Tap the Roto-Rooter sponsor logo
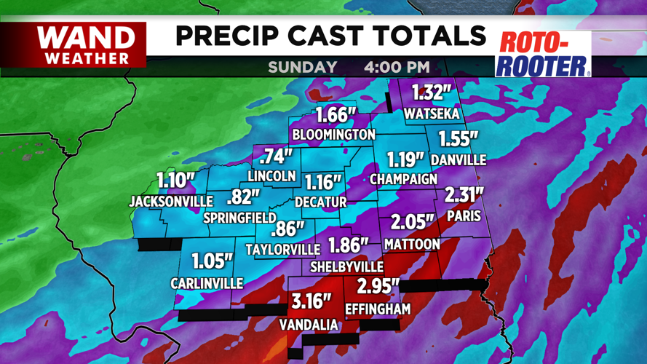pos(543,54)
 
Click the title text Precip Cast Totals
pos(330,35)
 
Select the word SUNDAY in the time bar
pos(302,67)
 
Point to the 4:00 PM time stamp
pos(397,67)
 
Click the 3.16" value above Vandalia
pos(311,301)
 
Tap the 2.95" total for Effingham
pos(378,285)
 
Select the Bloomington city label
pos(333,135)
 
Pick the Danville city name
pos(458,159)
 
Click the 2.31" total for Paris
pos(462,195)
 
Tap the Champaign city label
pos(403,178)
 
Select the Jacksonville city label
pos(171,201)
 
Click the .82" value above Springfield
pos(243,197)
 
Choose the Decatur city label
pos(321,202)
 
